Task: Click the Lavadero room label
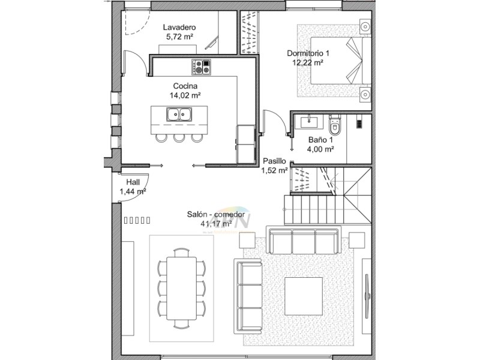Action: point(179,28)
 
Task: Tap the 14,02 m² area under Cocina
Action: point(185,95)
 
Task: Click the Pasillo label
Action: point(274,161)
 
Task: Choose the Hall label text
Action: point(133,182)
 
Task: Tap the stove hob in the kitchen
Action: point(201,66)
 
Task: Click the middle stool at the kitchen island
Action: point(179,138)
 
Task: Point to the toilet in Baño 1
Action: point(335,127)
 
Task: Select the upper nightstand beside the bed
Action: point(364,25)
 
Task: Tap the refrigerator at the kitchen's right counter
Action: point(246,143)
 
